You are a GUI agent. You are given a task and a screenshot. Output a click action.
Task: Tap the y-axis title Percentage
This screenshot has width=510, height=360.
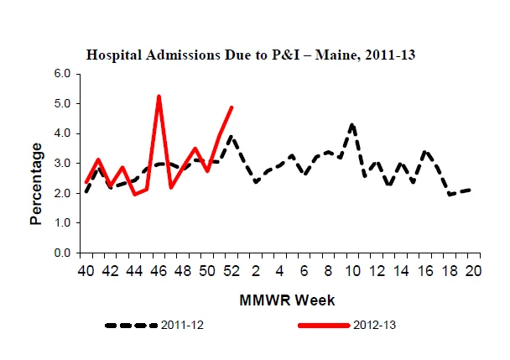pos(36,184)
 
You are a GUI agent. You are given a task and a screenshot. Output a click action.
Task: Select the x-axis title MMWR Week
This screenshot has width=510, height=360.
pos(287,300)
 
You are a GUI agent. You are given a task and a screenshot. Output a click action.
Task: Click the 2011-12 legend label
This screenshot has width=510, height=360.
pos(182,325)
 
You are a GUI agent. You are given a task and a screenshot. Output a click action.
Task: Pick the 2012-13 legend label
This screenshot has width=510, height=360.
pos(375,325)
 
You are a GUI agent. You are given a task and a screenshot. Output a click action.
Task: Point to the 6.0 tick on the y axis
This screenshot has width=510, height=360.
pos(62,74)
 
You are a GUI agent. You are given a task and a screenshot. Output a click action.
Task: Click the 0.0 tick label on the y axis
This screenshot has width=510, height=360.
pos(62,253)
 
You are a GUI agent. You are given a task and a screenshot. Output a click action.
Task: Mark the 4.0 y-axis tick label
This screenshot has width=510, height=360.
pos(62,133)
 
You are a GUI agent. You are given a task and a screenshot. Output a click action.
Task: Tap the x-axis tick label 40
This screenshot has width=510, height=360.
pos(86,271)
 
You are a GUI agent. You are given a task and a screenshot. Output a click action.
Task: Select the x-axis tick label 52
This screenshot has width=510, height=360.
pos(232,271)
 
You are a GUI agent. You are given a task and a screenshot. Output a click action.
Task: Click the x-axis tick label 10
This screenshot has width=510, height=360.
pos(352,271)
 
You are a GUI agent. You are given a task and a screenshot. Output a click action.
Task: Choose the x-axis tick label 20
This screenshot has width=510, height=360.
pos(473,271)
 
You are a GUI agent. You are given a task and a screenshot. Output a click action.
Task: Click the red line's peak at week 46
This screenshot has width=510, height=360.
pos(159,96)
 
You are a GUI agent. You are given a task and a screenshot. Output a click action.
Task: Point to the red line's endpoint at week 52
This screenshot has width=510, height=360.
pos(232,107)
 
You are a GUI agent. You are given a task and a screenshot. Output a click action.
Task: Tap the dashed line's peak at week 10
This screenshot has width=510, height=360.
pos(352,124)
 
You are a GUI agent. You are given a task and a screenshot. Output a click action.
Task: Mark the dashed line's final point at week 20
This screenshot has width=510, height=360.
pos(469,190)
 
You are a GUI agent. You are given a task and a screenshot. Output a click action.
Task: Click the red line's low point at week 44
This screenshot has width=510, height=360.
pos(135,195)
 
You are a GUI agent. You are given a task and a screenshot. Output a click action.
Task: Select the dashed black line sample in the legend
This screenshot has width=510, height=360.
pos(131,325)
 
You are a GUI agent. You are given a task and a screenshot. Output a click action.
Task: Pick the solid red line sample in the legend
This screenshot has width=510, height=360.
pos(324,325)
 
